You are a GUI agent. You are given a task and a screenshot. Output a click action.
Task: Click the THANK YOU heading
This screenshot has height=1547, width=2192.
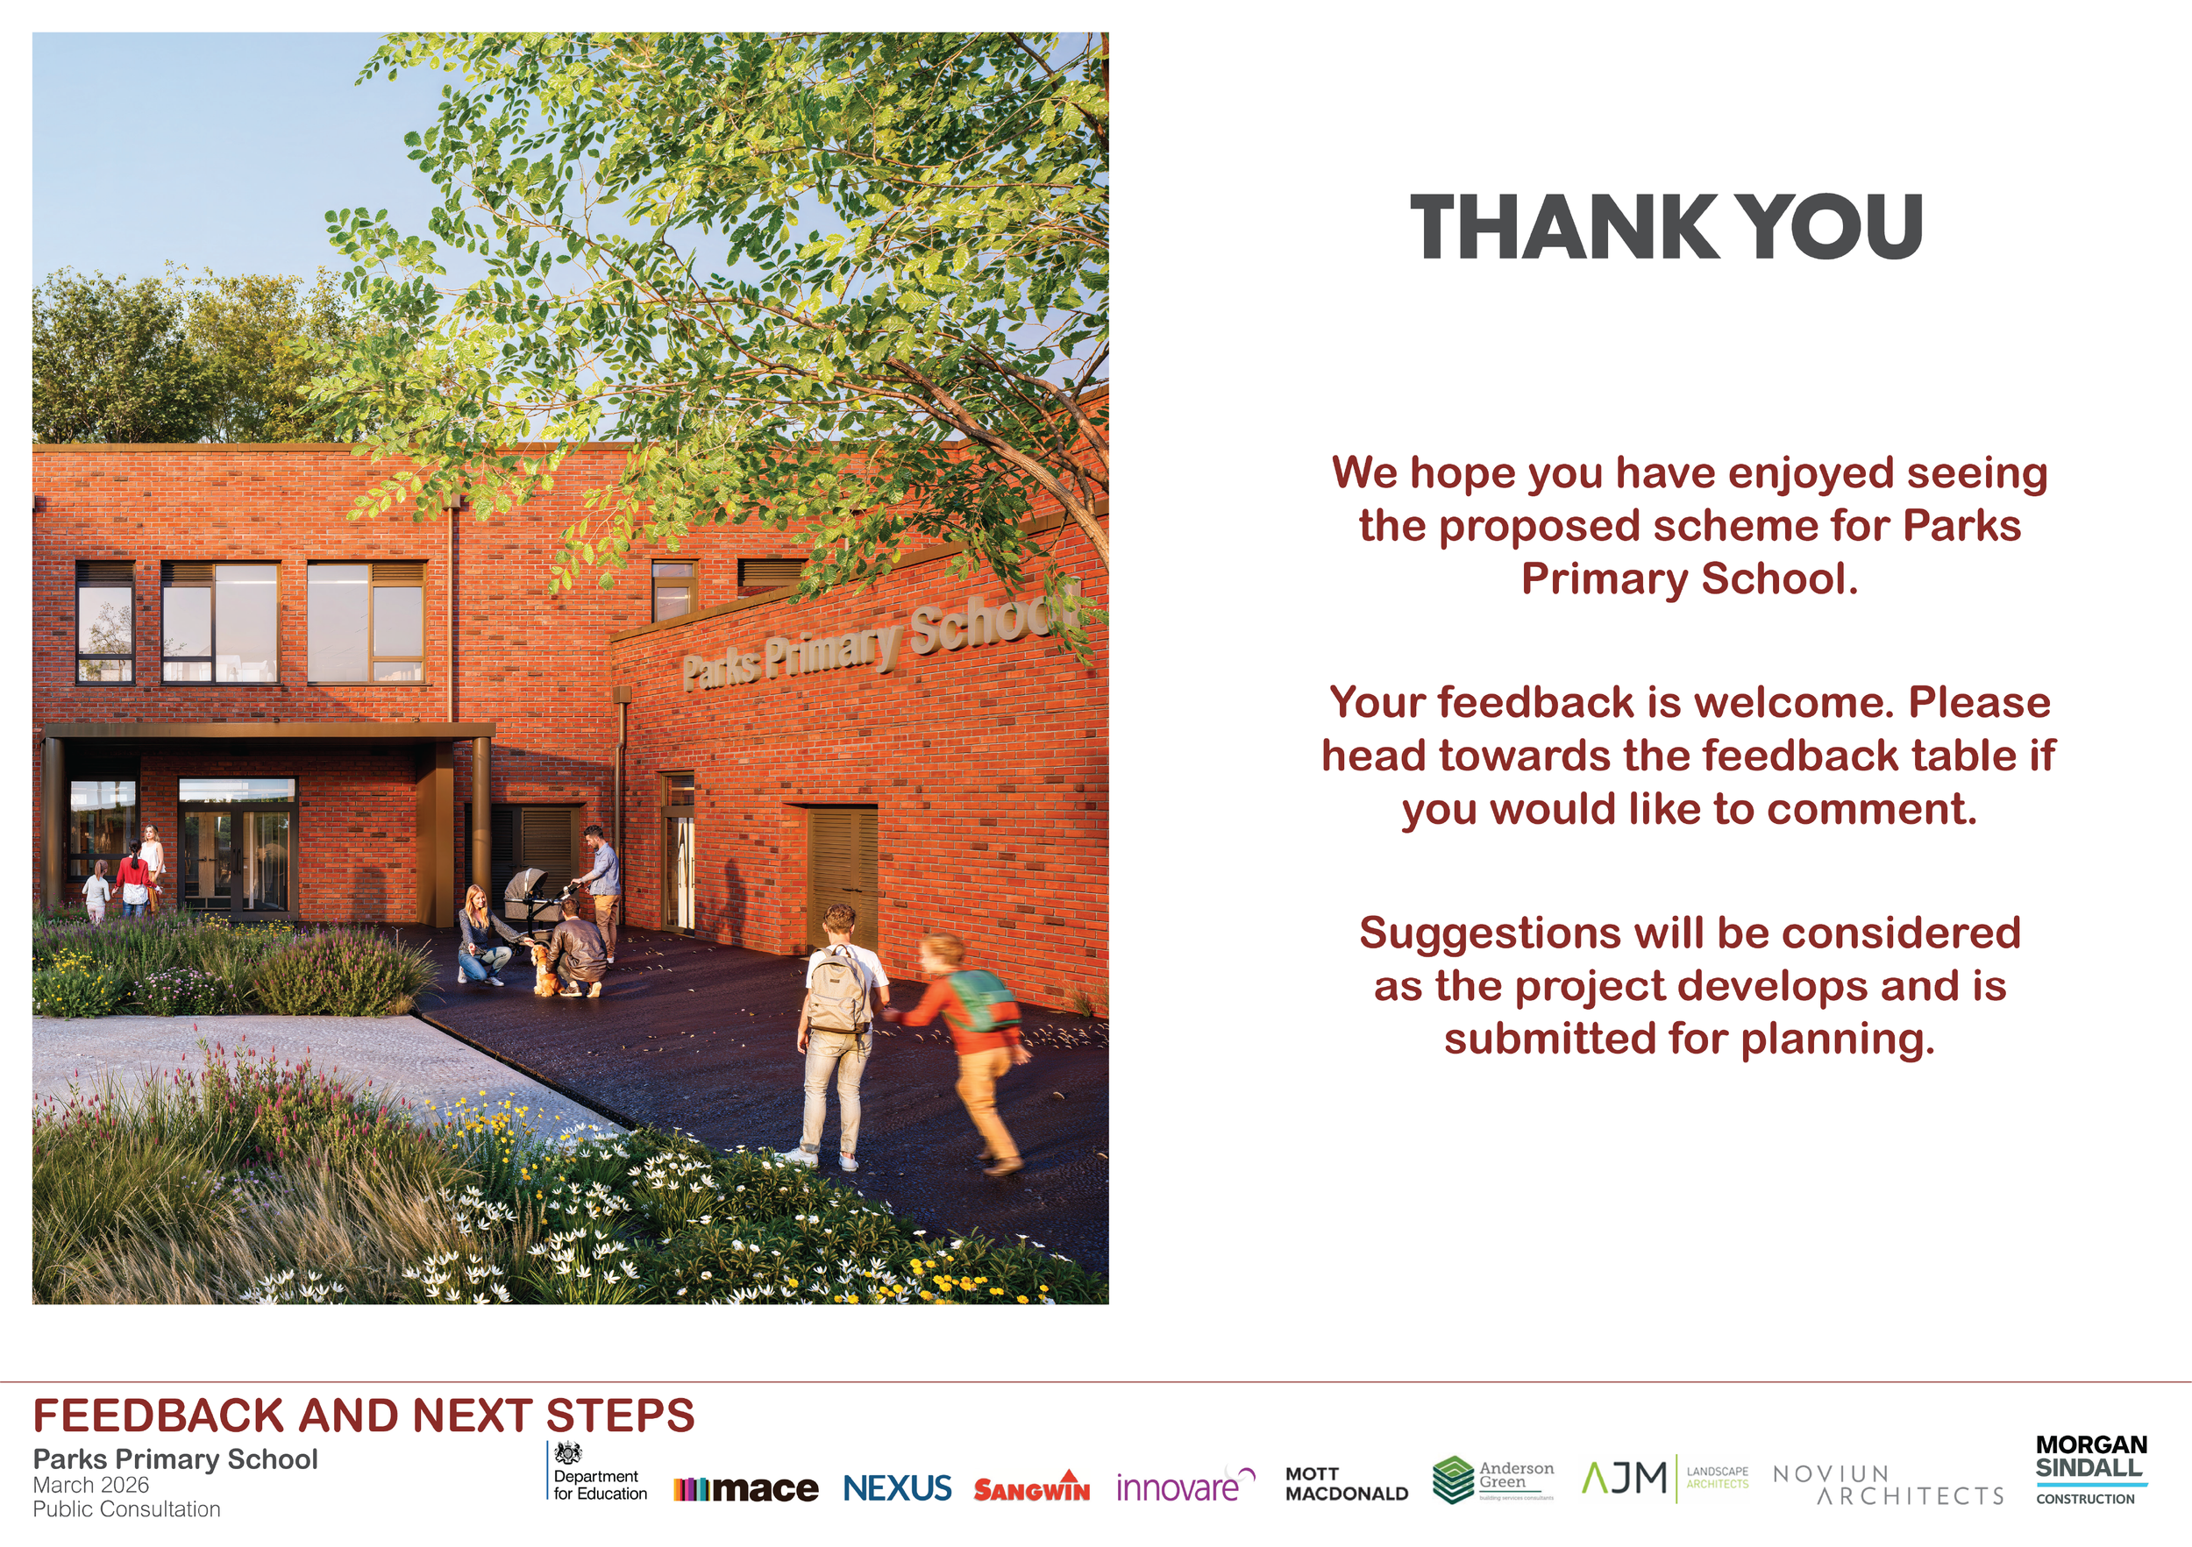[x=1666, y=227]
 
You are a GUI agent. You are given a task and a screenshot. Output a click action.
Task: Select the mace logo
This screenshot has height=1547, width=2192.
[x=745, y=1487]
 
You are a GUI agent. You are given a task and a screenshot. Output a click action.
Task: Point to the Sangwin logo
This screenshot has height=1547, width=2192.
[x=1031, y=1487]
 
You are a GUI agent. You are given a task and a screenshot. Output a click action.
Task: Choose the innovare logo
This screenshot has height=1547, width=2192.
[x=1185, y=1486]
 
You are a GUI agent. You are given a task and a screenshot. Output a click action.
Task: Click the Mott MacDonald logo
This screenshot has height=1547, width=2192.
[x=1346, y=1484]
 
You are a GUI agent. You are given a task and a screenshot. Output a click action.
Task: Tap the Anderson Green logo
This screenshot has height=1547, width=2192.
[x=1493, y=1480]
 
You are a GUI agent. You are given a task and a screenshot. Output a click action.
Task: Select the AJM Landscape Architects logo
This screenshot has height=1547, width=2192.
[x=1665, y=1479]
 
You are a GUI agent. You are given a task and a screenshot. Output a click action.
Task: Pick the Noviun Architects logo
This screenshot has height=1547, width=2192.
[x=1888, y=1485]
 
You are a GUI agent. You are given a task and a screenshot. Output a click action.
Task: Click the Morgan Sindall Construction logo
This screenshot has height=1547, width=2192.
[x=2091, y=1471]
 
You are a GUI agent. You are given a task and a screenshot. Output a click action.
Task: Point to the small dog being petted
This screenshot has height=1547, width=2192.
[x=544, y=970]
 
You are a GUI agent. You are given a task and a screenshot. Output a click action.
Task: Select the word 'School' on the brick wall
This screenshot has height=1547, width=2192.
[x=993, y=621]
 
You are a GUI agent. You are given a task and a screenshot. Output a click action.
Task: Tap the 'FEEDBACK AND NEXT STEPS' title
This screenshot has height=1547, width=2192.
[x=364, y=1416]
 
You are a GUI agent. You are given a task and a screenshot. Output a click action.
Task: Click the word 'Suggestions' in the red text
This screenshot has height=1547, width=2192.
[x=1490, y=933]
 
